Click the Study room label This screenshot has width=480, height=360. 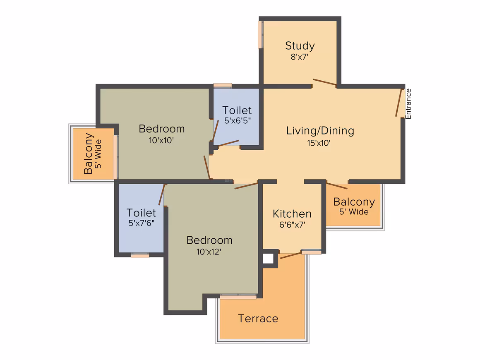pos(300,46)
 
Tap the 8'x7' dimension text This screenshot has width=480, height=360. pos(300,57)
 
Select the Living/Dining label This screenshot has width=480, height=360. pos(320,131)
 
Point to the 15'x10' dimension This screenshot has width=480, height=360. pos(319,143)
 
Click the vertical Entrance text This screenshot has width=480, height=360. pos(408,104)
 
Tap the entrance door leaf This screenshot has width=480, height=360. pos(398,103)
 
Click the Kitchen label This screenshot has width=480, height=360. pos(292,214)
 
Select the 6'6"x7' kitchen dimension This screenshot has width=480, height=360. pos(292,225)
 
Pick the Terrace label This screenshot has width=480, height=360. pos(258,319)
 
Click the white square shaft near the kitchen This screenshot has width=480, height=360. pos(268,259)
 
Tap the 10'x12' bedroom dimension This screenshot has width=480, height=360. pos(209,252)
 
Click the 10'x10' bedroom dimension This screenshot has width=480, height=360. pos(161,140)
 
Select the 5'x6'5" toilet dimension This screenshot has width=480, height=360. pos(237,120)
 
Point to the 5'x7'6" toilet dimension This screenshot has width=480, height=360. pos(141,223)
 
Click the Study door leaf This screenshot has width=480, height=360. pos(324,82)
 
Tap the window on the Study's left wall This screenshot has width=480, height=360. pos(260,35)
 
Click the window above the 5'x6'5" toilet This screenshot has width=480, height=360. pos(223,85)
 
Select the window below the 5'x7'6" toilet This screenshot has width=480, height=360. pos(140,255)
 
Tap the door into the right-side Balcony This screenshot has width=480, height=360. pos(337,185)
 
